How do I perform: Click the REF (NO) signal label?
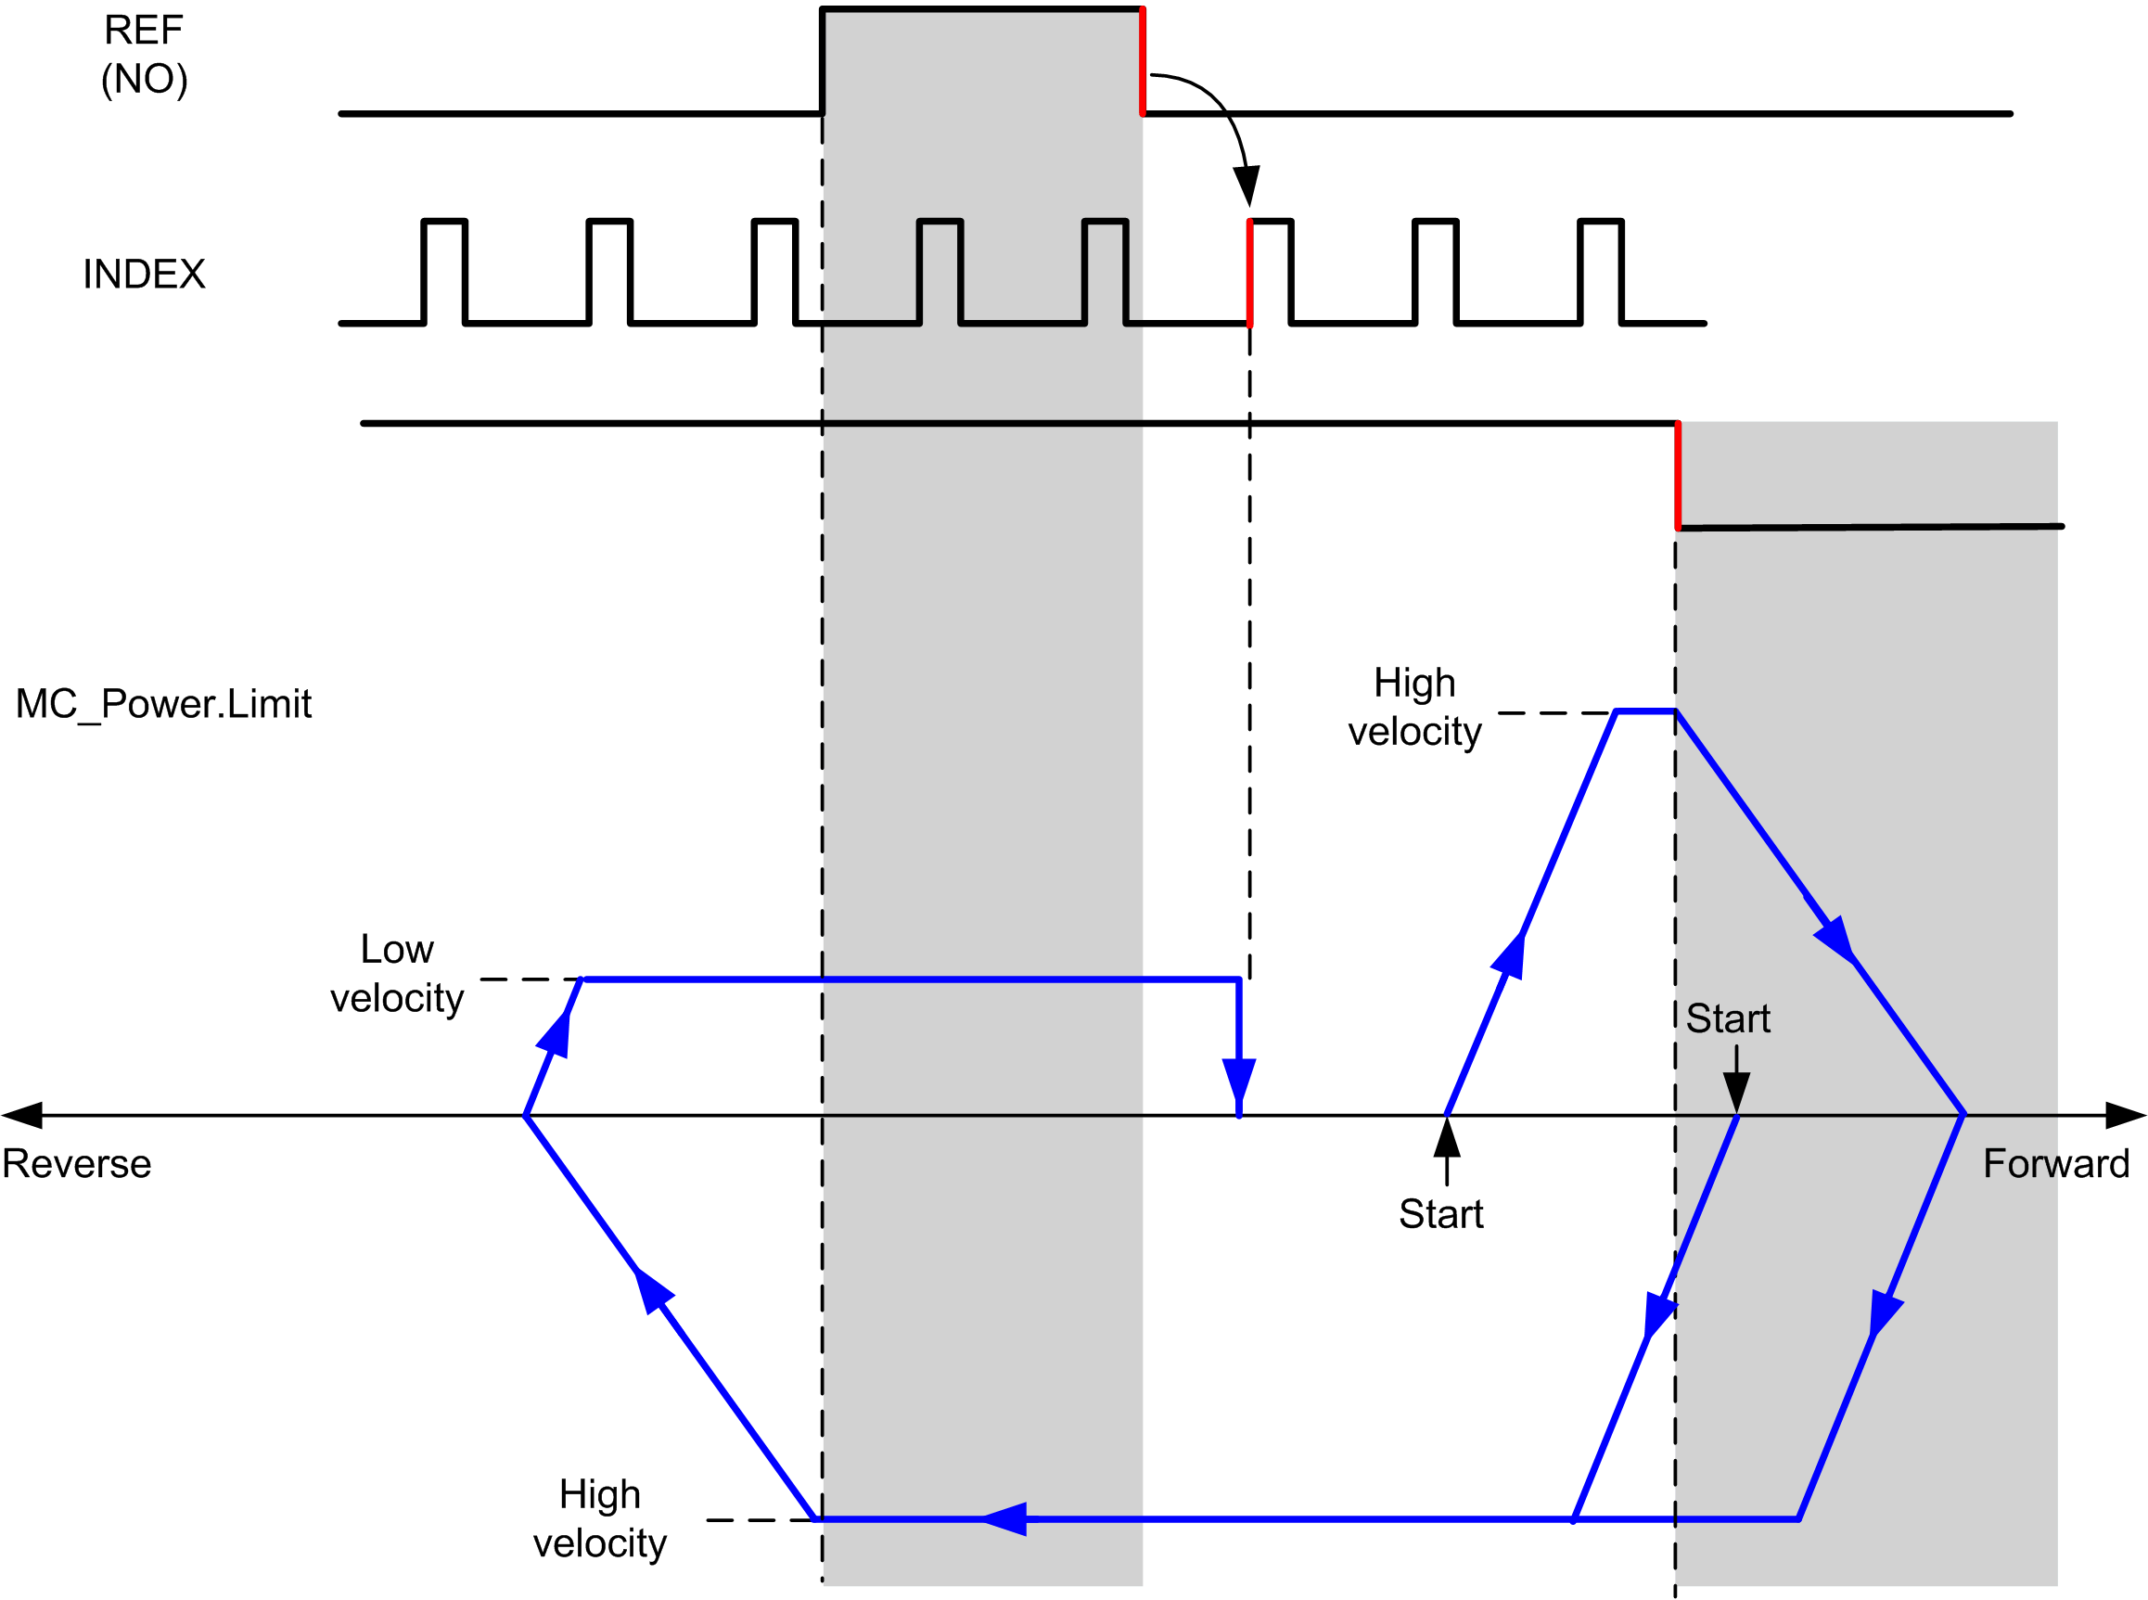click(145, 54)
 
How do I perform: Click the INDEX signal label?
click(145, 275)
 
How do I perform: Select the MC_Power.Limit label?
click(163, 704)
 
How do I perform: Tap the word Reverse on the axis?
click(76, 1163)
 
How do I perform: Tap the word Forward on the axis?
click(2056, 1163)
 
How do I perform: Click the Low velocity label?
click(397, 973)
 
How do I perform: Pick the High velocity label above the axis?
click(1415, 707)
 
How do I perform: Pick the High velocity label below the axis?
click(600, 1517)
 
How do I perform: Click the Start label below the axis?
click(1441, 1213)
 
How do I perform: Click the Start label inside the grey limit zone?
click(1729, 1018)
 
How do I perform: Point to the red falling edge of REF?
click(1143, 61)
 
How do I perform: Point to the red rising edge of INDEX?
click(1250, 273)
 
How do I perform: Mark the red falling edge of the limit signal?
click(1679, 476)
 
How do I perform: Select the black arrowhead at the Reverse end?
click(21, 1115)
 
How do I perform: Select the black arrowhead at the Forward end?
click(2127, 1115)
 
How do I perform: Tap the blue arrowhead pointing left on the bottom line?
click(1004, 1518)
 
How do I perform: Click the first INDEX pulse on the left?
click(444, 272)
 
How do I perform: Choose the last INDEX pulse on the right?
click(1601, 272)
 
